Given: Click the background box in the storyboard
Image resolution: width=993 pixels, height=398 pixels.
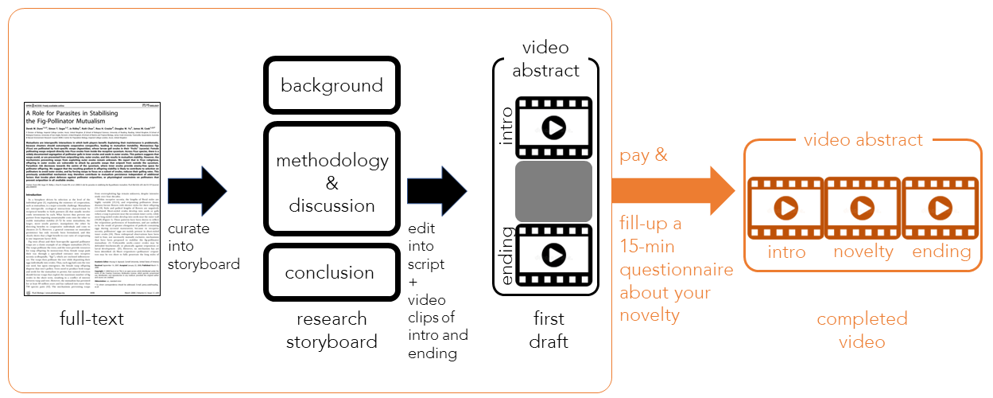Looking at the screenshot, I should point(332,84).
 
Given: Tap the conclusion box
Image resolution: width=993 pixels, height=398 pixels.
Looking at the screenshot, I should point(332,271).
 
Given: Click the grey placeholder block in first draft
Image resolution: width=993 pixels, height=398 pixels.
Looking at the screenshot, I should point(553,191).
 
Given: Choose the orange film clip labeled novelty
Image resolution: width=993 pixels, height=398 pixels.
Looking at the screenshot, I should point(863,209).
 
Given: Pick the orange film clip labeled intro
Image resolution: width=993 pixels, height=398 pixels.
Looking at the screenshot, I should point(785,209).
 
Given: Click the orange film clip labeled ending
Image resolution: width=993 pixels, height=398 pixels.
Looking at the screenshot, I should point(941,209).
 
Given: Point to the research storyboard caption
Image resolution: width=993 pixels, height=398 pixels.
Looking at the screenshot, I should point(332,331).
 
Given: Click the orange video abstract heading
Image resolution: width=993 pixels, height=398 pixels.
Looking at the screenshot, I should point(863,140).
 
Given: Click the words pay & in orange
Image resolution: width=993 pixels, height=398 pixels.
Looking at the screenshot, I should point(644,154).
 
